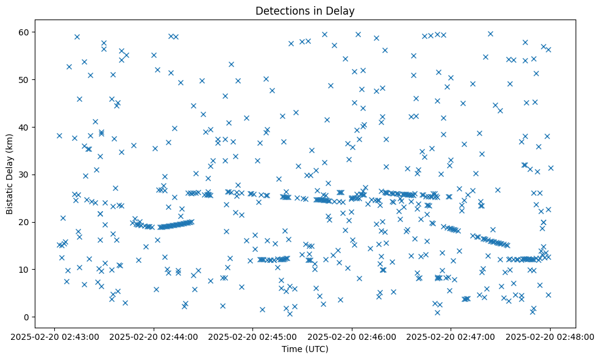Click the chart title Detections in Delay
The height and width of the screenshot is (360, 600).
(x=304, y=10)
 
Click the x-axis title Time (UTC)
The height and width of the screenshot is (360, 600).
(x=304, y=349)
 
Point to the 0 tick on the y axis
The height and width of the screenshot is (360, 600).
(x=27, y=317)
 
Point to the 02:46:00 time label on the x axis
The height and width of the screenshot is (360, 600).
(x=352, y=336)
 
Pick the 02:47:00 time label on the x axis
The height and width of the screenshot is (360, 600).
(x=451, y=336)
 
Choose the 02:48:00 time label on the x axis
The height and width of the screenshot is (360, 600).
(x=550, y=336)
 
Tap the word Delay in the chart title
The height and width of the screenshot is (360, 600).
(x=341, y=10)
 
